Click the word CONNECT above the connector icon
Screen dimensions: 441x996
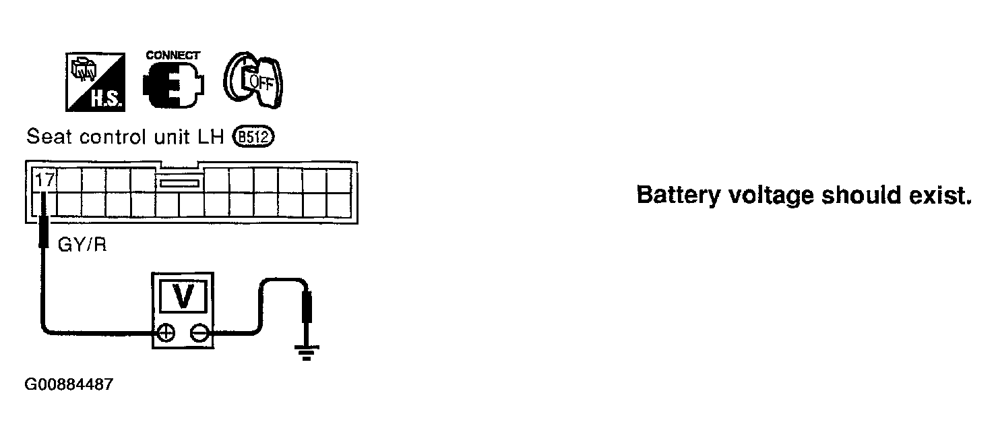click(x=173, y=55)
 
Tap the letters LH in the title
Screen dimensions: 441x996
click(x=216, y=137)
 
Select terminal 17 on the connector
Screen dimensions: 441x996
click(x=44, y=180)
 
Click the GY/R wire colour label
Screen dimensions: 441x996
click(x=82, y=244)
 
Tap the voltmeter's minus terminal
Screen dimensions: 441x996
click(x=199, y=332)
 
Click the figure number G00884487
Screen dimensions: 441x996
click(x=69, y=385)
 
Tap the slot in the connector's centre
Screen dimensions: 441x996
click(x=179, y=182)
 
